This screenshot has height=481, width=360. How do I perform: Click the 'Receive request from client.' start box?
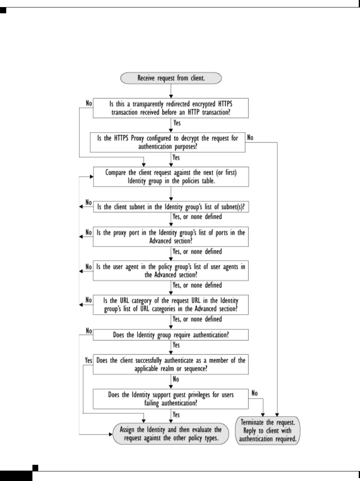pos(170,77)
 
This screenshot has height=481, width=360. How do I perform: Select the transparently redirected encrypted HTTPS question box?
pos(170,109)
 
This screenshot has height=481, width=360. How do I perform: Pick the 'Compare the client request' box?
pos(170,177)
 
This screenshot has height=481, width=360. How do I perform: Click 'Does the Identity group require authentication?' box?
pos(170,335)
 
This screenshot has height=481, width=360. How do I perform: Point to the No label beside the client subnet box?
pos(88,202)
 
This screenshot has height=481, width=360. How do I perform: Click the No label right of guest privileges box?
pos(255,392)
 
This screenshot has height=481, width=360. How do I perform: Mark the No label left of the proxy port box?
pos(88,233)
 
